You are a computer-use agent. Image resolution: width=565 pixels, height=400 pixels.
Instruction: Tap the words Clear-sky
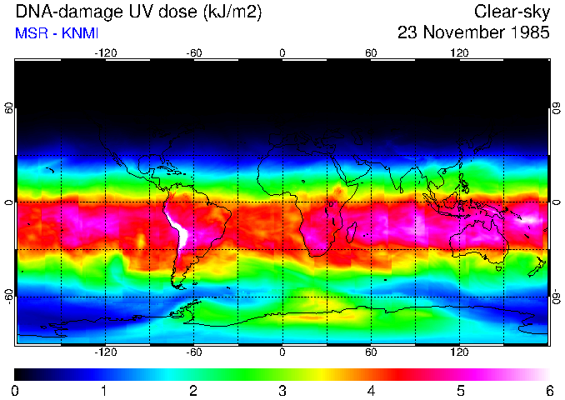pos(512,12)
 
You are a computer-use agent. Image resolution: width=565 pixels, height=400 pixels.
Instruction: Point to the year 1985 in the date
pos(528,33)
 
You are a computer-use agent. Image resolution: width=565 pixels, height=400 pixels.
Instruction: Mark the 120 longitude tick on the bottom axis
pos(459,352)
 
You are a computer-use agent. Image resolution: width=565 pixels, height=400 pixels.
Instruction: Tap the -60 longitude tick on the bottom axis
pos(194,352)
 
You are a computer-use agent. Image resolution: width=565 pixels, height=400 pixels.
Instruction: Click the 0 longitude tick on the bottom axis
pos(282,352)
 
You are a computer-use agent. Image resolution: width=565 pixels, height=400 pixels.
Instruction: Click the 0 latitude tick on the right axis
pos(556,202)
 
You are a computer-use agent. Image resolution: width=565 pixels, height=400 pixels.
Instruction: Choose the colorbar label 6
pos(549,390)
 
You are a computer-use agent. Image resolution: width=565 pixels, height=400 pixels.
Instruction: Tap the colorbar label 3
pos(282,390)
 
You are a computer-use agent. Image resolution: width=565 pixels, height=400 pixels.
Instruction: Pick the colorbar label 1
pos(104,390)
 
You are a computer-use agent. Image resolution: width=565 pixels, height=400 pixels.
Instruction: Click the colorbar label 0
pos(16,390)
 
